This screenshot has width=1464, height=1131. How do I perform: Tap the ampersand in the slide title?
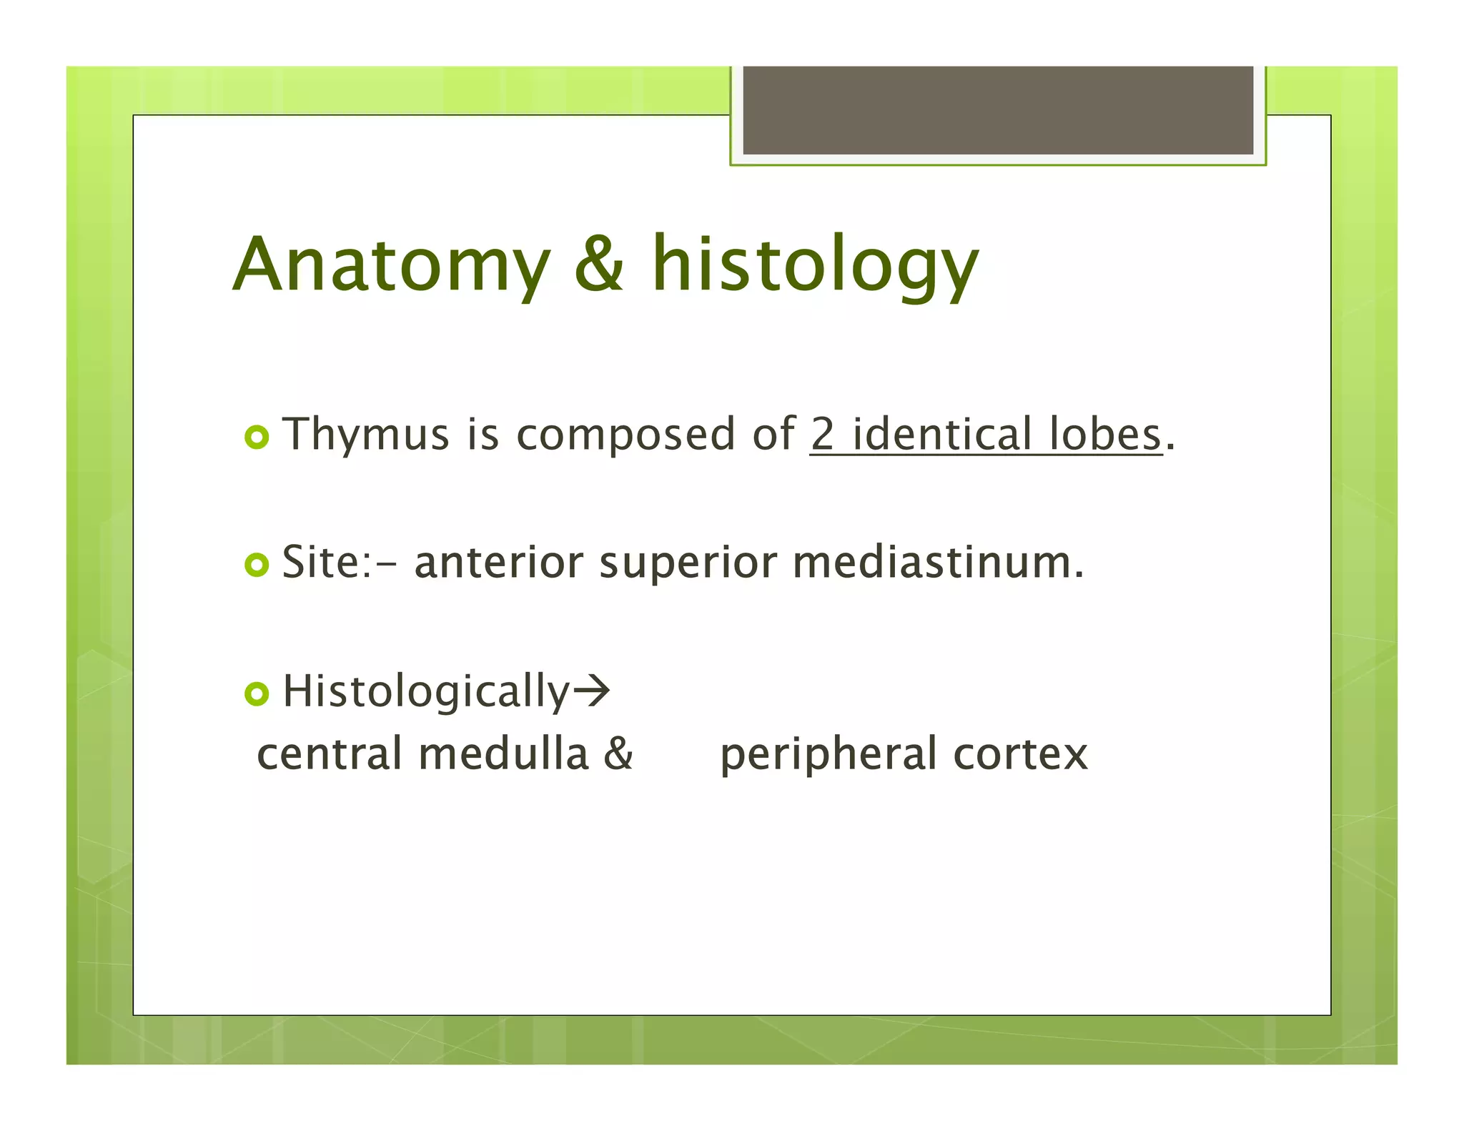click(599, 265)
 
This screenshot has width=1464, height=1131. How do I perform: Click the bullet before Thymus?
click(257, 437)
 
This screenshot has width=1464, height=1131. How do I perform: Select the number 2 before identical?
click(823, 434)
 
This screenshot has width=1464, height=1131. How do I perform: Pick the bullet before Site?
click(257, 565)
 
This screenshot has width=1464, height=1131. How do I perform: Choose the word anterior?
click(498, 563)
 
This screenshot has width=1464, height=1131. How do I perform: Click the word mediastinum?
click(936, 563)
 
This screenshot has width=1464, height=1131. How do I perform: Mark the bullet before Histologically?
click(257, 693)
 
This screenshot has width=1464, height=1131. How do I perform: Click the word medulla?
click(503, 755)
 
